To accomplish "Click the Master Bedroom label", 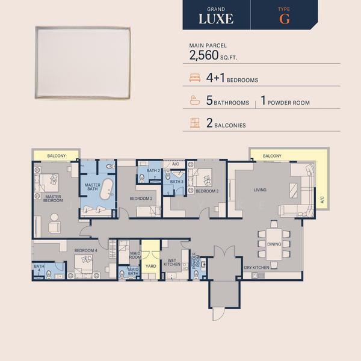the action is point(53,199).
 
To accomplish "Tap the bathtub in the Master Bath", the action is point(106,189).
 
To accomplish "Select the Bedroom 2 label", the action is point(141,199).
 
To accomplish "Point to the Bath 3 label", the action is point(176,182).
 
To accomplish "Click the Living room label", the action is point(260,190).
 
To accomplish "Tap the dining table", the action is point(274,244).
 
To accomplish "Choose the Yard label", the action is point(151,266).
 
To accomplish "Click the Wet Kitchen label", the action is point(171,262).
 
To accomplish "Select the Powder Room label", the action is point(196,261).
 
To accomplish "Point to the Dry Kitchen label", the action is point(256,268).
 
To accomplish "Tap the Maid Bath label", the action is point(133,271).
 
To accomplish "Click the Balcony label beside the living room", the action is point(272,156).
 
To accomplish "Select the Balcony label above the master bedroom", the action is point(57,156).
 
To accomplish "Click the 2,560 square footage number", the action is point(204,55).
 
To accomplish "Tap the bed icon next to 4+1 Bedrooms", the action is point(195,78).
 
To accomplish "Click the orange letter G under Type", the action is point(285,19).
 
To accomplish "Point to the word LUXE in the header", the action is point(216,19).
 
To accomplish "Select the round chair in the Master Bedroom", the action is point(55,217).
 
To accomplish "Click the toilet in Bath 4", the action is point(49,274).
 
